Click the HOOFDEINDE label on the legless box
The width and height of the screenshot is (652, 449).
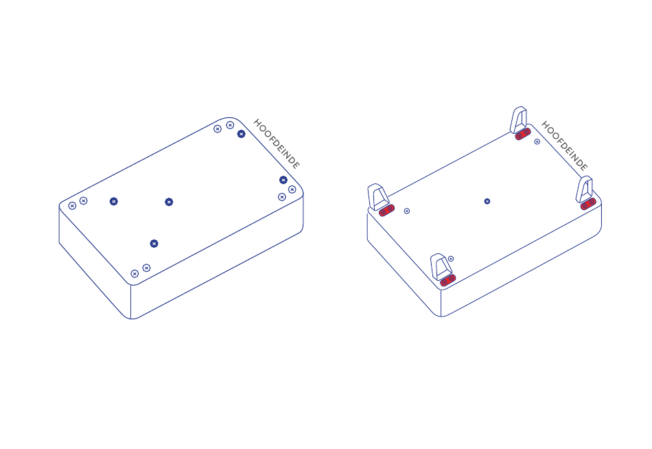point(277,144)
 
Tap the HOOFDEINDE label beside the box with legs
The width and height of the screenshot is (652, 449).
point(565,146)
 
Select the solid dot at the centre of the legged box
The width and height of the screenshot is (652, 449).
point(487,201)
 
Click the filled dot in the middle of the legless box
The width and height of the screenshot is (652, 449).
point(169,202)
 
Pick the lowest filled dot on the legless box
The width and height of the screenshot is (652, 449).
point(154,244)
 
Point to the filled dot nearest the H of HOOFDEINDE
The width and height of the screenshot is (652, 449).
point(241,134)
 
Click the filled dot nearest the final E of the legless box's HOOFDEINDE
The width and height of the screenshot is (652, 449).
point(283,180)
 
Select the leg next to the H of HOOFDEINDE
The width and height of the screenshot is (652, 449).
point(519,119)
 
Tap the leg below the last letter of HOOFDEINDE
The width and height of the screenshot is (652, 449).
point(584,189)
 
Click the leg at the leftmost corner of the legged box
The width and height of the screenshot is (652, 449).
point(377,196)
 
